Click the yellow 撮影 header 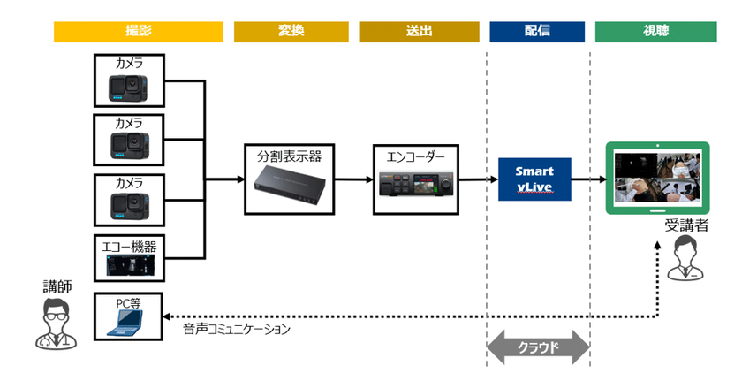pyautogui.click(x=138, y=32)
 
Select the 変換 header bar pyautogui.click(x=291, y=32)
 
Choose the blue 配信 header pyautogui.click(x=537, y=32)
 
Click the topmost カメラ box pyautogui.click(x=130, y=80)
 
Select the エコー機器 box pyautogui.click(x=130, y=258)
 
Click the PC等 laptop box pyautogui.click(x=130, y=318)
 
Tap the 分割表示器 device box pyautogui.click(x=289, y=179)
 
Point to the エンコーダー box pyautogui.click(x=414, y=179)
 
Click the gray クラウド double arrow pyautogui.click(x=538, y=347)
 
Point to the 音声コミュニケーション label pyautogui.click(x=237, y=329)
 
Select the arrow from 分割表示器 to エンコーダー pyautogui.click(x=352, y=179)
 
